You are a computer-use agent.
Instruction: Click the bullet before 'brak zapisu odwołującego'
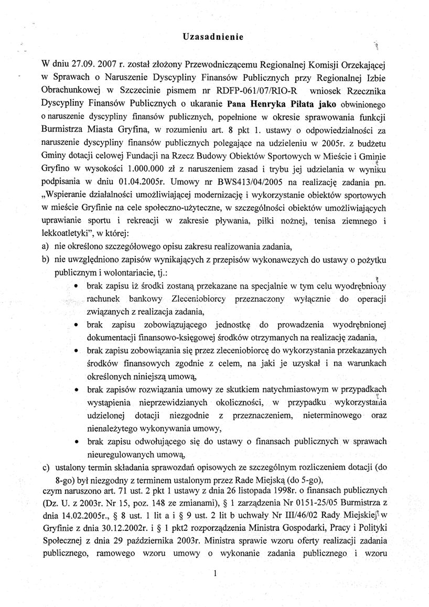click(x=77, y=442)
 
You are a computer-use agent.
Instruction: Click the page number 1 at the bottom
click(x=216, y=574)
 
